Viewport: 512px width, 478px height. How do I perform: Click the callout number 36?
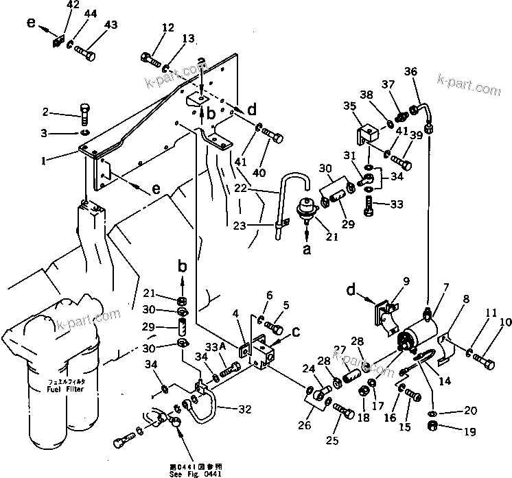point(411,71)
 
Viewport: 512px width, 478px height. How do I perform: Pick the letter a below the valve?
point(307,250)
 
